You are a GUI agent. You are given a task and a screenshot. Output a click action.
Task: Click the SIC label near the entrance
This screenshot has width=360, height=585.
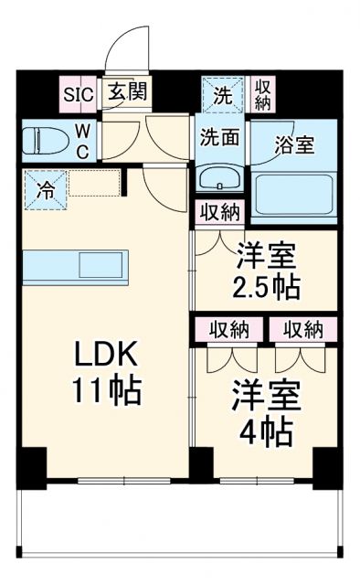(78, 91)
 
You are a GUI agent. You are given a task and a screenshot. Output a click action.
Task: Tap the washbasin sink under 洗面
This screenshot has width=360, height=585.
(218, 177)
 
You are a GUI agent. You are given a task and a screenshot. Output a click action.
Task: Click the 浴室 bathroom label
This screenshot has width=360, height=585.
(294, 144)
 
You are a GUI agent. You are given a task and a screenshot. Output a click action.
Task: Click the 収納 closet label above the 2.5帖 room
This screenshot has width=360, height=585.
(219, 213)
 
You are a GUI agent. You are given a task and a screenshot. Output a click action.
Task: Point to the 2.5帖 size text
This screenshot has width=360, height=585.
(266, 287)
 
